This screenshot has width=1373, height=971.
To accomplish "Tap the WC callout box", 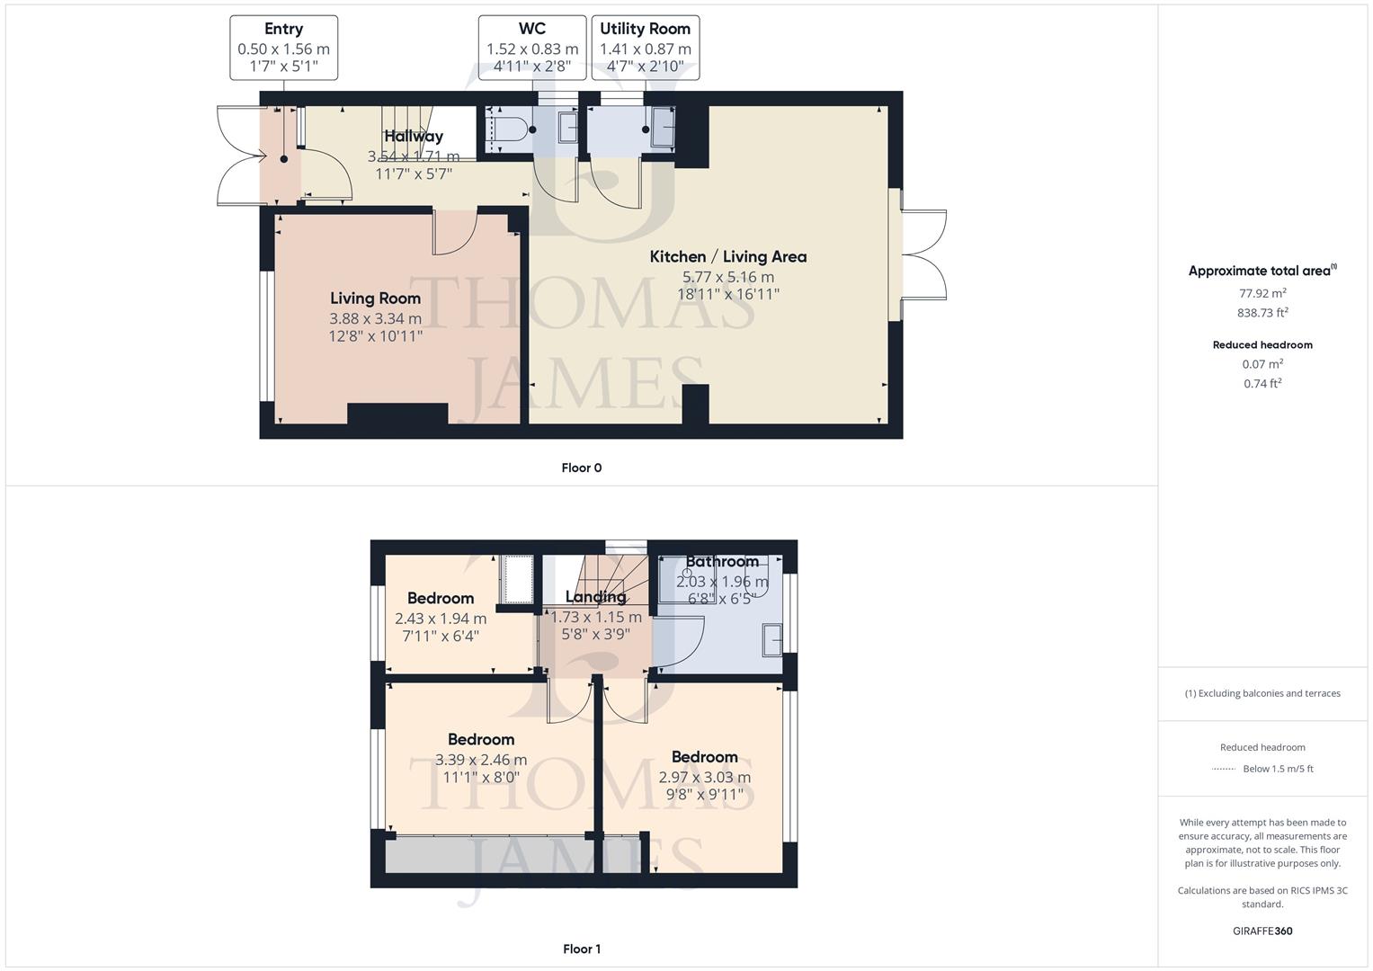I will coord(532,48).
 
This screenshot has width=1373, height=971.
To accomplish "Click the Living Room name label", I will coord(375,298).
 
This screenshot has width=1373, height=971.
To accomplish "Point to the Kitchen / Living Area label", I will coord(728,257).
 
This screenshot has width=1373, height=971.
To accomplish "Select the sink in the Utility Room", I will coord(664,126).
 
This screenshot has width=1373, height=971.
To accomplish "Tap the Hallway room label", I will coord(414,137).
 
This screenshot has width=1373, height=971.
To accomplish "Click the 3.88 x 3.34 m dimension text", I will coord(375,318).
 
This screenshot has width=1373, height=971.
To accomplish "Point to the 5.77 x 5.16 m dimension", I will coord(728,277).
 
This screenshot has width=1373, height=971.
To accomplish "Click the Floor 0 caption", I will coord(582,468).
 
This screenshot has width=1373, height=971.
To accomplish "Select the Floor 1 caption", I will coord(582,949).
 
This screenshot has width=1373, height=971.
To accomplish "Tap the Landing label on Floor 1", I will coord(595,597).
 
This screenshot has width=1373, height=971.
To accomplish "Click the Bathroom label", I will coord(722,562).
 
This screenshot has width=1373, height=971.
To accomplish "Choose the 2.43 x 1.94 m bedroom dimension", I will coord(441,619).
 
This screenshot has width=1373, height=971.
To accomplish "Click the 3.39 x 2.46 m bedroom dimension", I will coord(481,760).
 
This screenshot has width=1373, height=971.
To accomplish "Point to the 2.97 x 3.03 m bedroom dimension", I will coord(705,778).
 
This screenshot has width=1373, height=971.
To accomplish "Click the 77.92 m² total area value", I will coord(1262,293).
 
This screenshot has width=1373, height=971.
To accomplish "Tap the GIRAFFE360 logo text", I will coord(1262,931).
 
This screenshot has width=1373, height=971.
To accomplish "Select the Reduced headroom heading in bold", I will coord(1262,345).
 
